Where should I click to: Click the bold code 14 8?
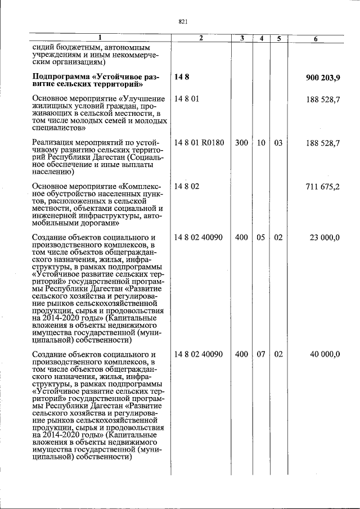click(182, 76)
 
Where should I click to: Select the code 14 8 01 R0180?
click(199, 143)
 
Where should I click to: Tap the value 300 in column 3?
click(241, 143)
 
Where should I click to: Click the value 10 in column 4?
click(261, 143)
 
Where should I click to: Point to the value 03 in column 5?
click(278, 143)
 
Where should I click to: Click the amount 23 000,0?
click(325, 238)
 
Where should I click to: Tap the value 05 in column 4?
click(261, 238)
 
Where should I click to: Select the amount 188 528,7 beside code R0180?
click(322, 143)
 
